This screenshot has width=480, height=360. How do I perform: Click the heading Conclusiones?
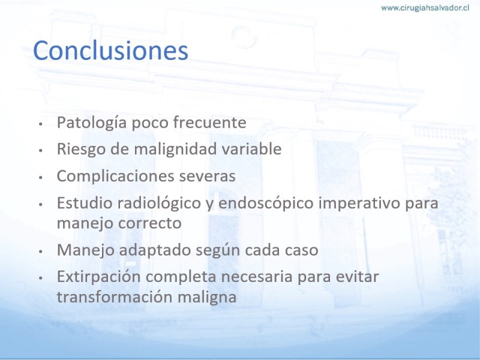coord(110,50)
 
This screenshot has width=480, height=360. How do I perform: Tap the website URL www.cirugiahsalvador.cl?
coord(425,8)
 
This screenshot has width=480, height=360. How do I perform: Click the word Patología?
coord(92,123)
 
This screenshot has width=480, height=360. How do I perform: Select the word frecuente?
coord(209,122)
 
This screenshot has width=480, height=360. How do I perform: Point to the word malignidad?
coord(175,149)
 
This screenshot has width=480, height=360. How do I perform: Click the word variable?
coord(251,149)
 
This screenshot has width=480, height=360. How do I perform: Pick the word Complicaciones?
coord(115,176)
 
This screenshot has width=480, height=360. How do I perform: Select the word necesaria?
coord(257,277)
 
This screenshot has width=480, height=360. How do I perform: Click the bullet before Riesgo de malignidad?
coord(40,151)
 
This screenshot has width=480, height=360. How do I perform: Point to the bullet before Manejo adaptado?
coord(40,251)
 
